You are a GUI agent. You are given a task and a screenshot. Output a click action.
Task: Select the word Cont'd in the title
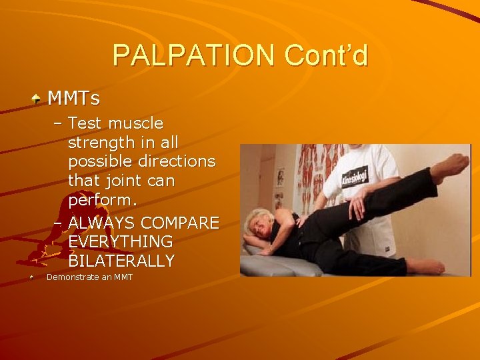[326, 56]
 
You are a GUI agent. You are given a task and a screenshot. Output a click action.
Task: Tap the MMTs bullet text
[73, 99]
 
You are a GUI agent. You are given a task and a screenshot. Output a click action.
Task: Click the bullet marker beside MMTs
[35, 99]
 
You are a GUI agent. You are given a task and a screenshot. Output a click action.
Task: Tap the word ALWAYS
[100, 223]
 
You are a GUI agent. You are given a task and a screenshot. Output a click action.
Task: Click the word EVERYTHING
[120, 241]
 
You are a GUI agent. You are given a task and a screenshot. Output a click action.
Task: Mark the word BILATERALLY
[121, 261]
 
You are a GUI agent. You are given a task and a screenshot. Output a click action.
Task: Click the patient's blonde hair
[260, 221]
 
